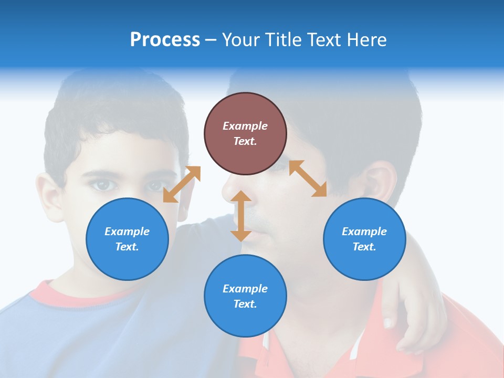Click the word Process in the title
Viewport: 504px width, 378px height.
coord(165,40)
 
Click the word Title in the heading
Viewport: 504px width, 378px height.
coord(282,40)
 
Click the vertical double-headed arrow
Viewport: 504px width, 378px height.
coord(241,216)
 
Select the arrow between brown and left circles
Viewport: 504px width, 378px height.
coord(182,184)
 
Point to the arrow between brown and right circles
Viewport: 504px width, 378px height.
coord(308,178)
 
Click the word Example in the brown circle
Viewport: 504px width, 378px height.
coord(245,126)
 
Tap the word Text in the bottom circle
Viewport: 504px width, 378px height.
coord(245,304)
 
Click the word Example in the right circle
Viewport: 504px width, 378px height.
coord(364,232)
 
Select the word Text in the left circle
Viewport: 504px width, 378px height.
coord(127,247)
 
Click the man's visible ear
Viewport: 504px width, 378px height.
coord(379,184)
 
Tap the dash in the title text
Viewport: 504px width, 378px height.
coord(211,40)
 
